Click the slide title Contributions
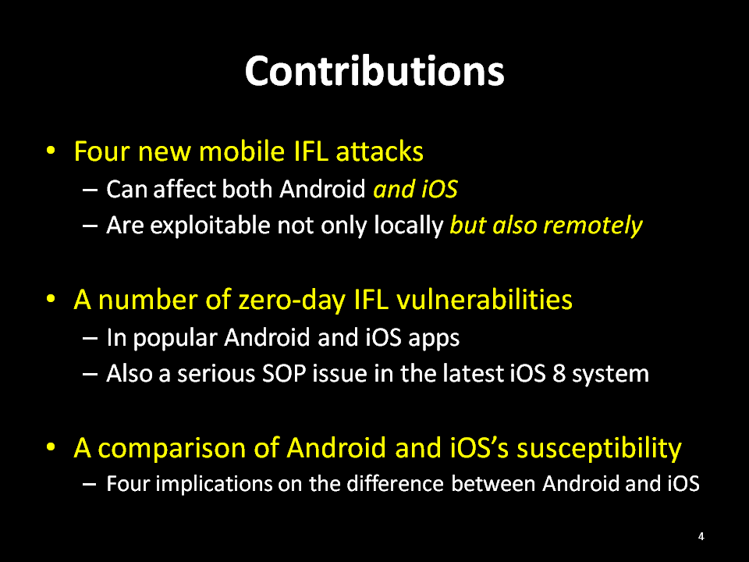(x=374, y=71)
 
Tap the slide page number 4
(x=701, y=536)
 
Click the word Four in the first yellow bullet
(x=102, y=151)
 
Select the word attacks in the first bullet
(x=379, y=151)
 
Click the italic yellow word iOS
(x=439, y=189)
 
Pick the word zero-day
(x=291, y=301)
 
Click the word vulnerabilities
(x=485, y=300)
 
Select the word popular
(x=175, y=338)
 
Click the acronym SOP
(x=284, y=374)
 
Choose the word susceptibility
(x=599, y=449)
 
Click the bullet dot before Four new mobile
(x=51, y=151)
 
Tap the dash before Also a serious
(x=90, y=374)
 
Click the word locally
(x=408, y=226)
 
